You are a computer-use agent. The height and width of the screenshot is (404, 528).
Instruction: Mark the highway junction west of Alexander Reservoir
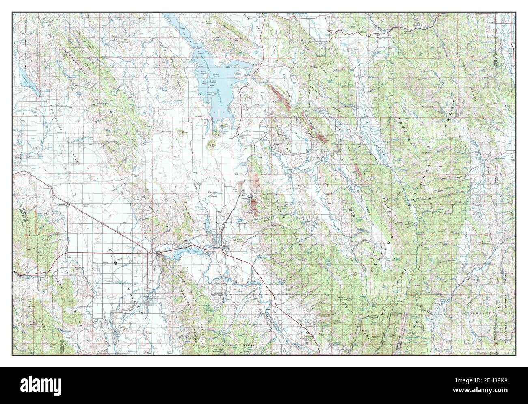pyautogui.click(x=154, y=253)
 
